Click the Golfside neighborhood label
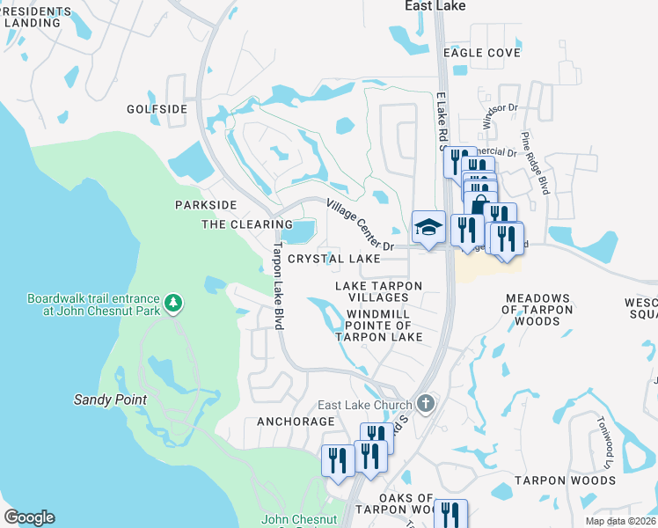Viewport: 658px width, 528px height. [x=157, y=109]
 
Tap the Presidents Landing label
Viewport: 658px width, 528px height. [x=35, y=17]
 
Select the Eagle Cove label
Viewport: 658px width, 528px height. [x=481, y=53]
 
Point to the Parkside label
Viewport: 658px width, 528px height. [x=206, y=205]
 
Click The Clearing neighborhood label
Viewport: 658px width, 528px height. [x=235, y=224]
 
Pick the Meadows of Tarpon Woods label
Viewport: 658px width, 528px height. [x=536, y=310]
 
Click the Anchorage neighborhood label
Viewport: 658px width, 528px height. [x=296, y=422]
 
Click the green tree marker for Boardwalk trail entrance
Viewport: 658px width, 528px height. [x=174, y=304]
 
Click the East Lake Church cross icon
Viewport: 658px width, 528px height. [x=426, y=404]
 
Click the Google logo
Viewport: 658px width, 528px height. [x=29, y=517]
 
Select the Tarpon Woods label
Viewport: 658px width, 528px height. [x=565, y=480]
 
